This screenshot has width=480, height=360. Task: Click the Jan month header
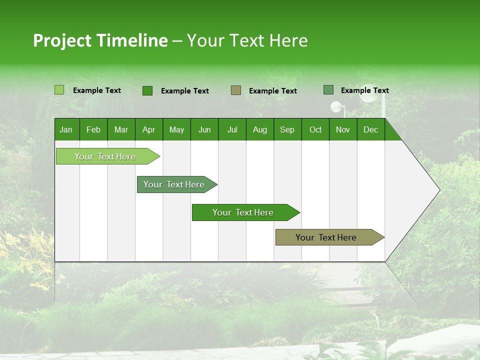[x=66, y=129]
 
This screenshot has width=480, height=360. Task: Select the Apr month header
[x=148, y=129]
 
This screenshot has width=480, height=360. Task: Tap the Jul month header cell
[x=232, y=129]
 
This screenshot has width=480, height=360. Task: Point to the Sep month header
[x=287, y=129]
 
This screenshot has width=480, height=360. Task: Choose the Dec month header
[x=370, y=129]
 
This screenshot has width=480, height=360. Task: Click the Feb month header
[x=93, y=129]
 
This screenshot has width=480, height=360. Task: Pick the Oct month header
[x=315, y=129]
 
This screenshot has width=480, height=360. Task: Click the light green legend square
[x=59, y=90]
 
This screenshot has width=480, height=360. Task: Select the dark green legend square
[x=147, y=90]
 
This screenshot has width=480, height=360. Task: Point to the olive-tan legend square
[x=236, y=90]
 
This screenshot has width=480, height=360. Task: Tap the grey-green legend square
[x=328, y=90]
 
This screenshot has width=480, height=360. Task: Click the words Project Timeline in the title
[x=100, y=40]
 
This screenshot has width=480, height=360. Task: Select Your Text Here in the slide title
[x=247, y=40]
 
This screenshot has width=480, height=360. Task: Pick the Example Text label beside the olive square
[x=273, y=90]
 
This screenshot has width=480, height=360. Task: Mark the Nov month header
[x=343, y=129]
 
